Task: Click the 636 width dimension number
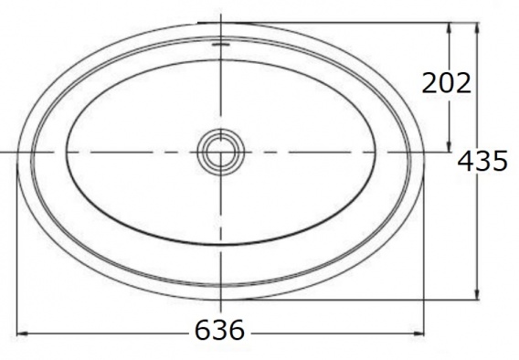coord(219,330)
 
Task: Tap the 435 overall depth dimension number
coord(482,161)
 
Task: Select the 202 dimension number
coord(446,83)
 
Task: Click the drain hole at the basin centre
coord(221,153)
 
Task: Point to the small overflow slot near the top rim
coord(221,44)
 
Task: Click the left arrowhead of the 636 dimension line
coord(22,334)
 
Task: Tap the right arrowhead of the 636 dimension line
coord(418,334)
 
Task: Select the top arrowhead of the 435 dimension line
coord(477,27)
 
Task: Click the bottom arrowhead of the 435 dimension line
coord(477,294)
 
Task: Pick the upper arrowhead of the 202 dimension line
coord(450,28)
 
